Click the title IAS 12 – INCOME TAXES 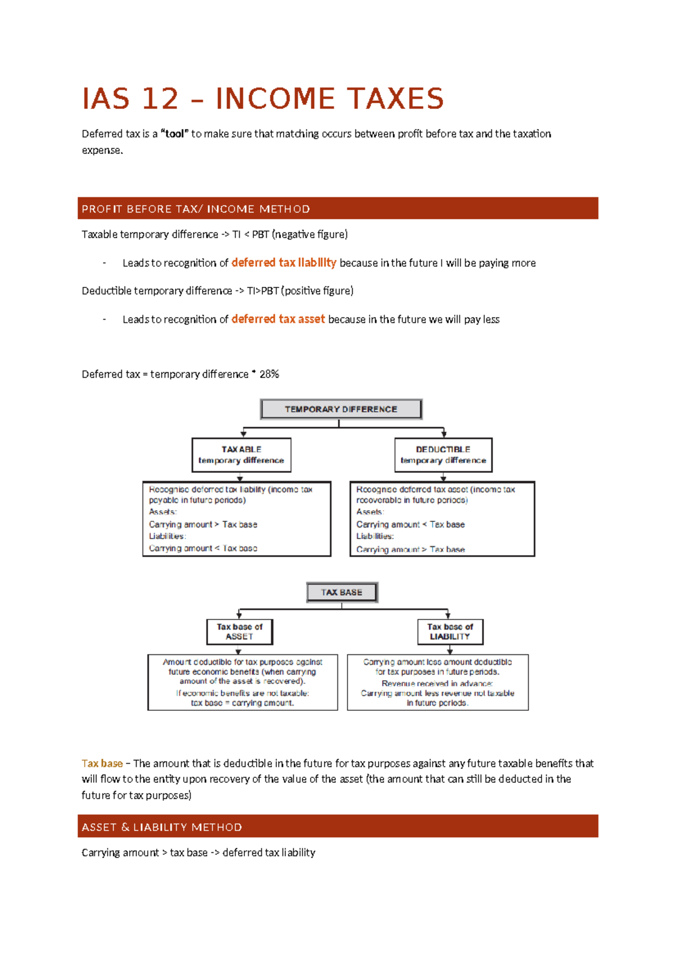click(263, 99)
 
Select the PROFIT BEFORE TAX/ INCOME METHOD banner click(337, 209)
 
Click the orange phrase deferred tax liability click(284, 263)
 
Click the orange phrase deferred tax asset click(278, 319)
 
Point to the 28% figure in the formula click(269, 374)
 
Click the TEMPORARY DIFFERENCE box click(341, 409)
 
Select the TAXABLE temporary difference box click(241, 455)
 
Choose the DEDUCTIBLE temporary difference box click(443, 455)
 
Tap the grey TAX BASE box click(341, 592)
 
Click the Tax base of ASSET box click(239, 632)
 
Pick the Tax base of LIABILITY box click(450, 632)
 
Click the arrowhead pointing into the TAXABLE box click(243, 434)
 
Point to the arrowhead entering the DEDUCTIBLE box click(444, 434)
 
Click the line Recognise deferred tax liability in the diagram click(230, 490)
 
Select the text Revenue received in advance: click(437, 683)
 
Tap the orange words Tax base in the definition click(102, 764)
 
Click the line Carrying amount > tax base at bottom click(198, 853)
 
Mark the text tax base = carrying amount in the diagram click(243, 703)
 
